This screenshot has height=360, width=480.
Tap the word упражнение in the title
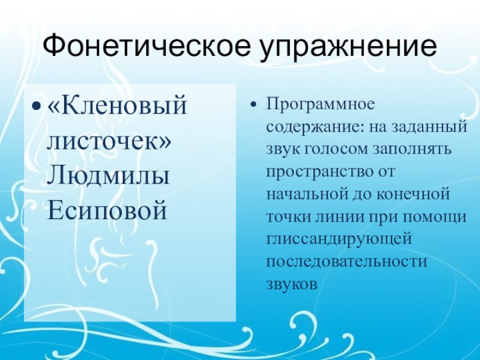[x=347, y=46]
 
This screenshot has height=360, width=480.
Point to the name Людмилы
[x=108, y=176]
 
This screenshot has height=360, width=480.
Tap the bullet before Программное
[x=254, y=106]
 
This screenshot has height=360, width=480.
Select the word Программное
[x=320, y=105]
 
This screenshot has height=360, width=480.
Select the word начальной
[x=304, y=196]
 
